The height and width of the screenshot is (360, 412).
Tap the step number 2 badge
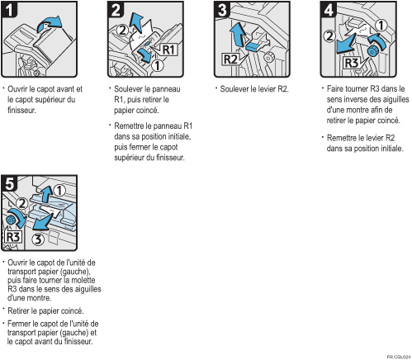click(117, 12)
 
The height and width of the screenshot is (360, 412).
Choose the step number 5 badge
click(11, 182)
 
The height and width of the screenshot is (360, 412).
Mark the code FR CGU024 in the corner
click(397, 355)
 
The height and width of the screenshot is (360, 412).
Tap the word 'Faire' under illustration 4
click(338, 88)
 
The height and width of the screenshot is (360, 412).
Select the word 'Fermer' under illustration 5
click(20, 323)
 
